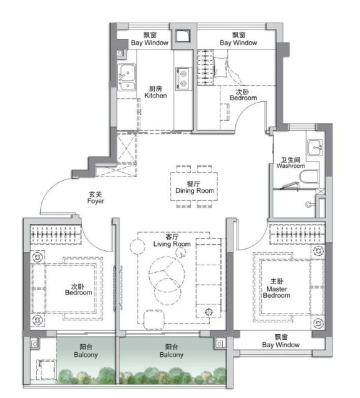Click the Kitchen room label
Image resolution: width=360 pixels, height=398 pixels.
coord(155,92)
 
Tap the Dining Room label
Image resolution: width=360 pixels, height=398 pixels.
coord(195,187)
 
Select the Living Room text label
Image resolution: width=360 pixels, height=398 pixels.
coord(172,241)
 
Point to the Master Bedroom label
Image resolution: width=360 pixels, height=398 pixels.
coord(277,288)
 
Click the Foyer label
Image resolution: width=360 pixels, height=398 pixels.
coord(95,198)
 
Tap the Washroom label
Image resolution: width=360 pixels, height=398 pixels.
coord(291,163)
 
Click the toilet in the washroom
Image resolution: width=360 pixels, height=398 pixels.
coord(309,176)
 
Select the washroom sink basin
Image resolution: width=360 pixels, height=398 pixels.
coord(316,147)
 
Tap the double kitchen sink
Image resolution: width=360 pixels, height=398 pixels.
coord(126,78)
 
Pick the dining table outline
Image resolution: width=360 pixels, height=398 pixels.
coord(194,186)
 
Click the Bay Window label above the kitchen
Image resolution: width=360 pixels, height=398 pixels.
coord(150,39)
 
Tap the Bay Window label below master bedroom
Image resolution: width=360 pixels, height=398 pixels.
coord(280,341)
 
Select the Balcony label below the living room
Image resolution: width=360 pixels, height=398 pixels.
coord(172,350)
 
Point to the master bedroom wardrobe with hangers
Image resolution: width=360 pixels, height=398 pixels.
coord(297,234)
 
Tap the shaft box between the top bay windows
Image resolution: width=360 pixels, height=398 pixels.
coord(183,36)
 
